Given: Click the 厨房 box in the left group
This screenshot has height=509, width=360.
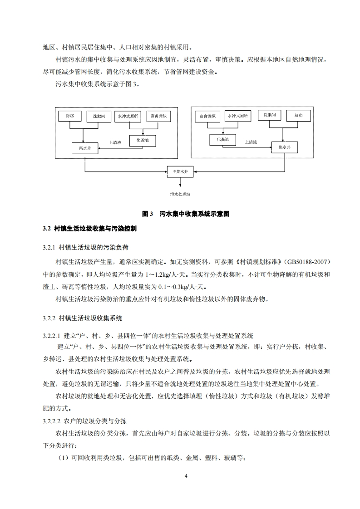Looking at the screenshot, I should (69, 116).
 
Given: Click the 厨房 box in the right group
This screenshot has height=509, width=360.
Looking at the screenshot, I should (298, 116).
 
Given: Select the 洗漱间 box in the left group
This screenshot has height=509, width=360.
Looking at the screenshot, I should (99, 116).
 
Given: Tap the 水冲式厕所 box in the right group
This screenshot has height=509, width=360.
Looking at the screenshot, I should (237, 116).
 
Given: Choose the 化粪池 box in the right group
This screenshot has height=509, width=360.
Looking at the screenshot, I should (222, 140).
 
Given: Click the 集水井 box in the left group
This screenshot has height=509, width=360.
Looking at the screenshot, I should (85, 148).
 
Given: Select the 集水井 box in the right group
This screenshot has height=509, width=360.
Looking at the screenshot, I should (284, 147).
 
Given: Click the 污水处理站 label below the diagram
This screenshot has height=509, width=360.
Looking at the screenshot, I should (180, 194).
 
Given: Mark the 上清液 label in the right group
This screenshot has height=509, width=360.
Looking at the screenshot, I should (251, 142).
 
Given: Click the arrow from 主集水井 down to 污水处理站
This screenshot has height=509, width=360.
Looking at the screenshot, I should (181, 182).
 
